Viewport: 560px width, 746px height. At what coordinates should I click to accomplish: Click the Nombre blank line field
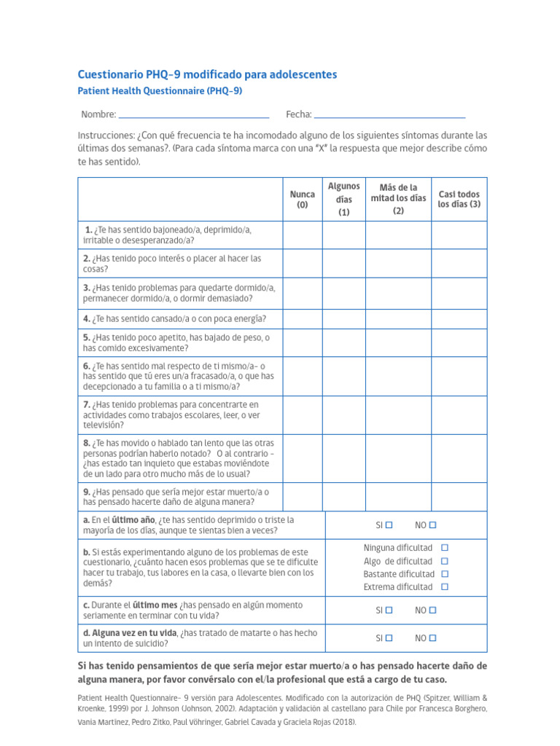pyautogui.click(x=193, y=115)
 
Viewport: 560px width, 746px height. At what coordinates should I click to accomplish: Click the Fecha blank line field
pyautogui.click(x=389, y=115)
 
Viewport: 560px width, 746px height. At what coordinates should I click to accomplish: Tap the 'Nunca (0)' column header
pyautogui.click(x=302, y=200)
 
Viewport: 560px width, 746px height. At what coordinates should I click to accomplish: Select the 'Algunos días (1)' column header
pyautogui.click(x=343, y=200)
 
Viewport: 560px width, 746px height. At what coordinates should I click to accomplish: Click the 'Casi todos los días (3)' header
pyautogui.click(x=459, y=200)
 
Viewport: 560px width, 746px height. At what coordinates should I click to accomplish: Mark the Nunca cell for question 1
pyautogui.click(x=302, y=235)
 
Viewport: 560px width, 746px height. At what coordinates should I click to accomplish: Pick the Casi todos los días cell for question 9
pyautogui.click(x=459, y=496)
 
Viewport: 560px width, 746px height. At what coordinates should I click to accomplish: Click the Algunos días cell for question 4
pyautogui.click(x=343, y=318)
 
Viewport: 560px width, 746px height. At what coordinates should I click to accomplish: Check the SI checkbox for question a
pyautogui.click(x=389, y=525)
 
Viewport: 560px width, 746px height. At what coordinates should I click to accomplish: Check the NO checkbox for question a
pyautogui.click(x=432, y=525)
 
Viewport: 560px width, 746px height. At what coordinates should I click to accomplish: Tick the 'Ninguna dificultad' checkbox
pyautogui.click(x=445, y=548)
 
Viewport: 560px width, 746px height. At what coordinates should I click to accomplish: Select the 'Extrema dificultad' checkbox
pyautogui.click(x=445, y=587)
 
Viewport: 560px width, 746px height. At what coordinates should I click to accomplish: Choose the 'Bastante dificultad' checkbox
pyautogui.click(x=445, y=574)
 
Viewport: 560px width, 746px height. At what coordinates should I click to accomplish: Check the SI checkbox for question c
pyautogui.click(x=389, y=610)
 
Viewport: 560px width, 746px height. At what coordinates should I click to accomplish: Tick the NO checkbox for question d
pyautogui.click(x=432, y=638)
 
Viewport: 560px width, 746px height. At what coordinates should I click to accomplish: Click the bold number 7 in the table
pyautogui.click(x=86, y=404)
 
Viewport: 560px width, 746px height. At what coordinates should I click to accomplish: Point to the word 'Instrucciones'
pyautogui.click(x=105, y=136)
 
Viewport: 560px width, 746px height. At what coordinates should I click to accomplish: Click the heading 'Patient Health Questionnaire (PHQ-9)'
pyautogui.click(x=160, y=92)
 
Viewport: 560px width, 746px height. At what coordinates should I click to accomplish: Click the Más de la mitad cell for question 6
pyautogui.click(x=397, y=376)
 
